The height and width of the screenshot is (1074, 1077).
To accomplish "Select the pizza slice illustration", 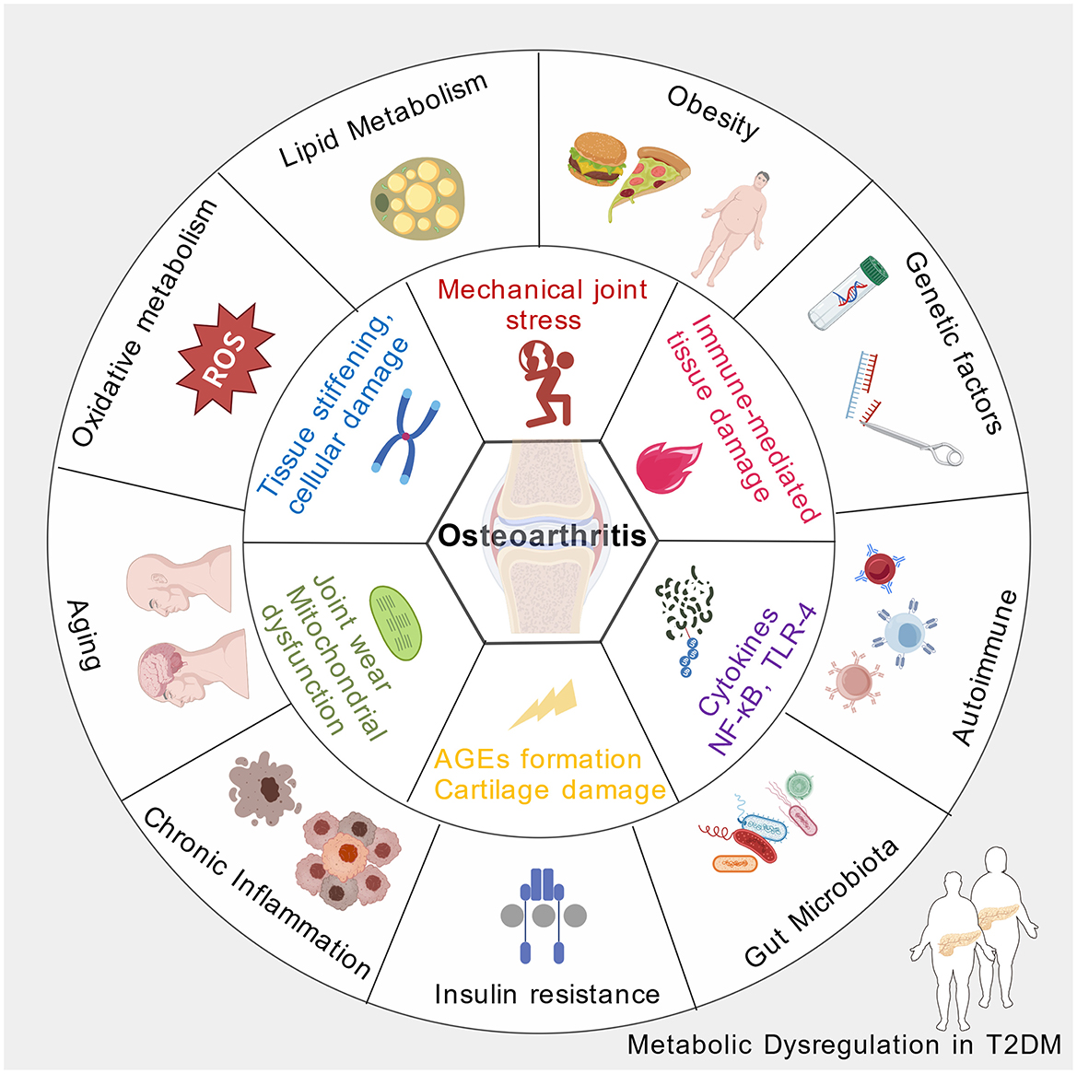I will pyautogui.click(x=650, y=179).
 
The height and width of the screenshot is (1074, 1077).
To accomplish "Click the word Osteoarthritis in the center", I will pyautogui.click(x=542, y=536).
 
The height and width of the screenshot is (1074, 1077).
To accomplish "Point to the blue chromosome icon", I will pyautogui.click(x=406, y=436).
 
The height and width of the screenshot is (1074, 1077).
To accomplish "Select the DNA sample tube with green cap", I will pyautogui.click(x=847, y=293).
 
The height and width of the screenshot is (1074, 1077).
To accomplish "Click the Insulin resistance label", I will pyautogui.click(x=547, y=995).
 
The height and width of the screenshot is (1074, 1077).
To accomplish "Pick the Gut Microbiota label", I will pyautogui.click(x=821, y=903).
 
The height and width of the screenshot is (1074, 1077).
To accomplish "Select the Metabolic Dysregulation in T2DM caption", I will pyautogui.click(x=844, y=1045).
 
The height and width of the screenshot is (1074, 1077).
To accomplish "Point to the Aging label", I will pyautogui.click(x=83, y=636).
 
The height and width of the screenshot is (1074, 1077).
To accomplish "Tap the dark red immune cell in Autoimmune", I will pyautogui.click(x=881, y=568).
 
